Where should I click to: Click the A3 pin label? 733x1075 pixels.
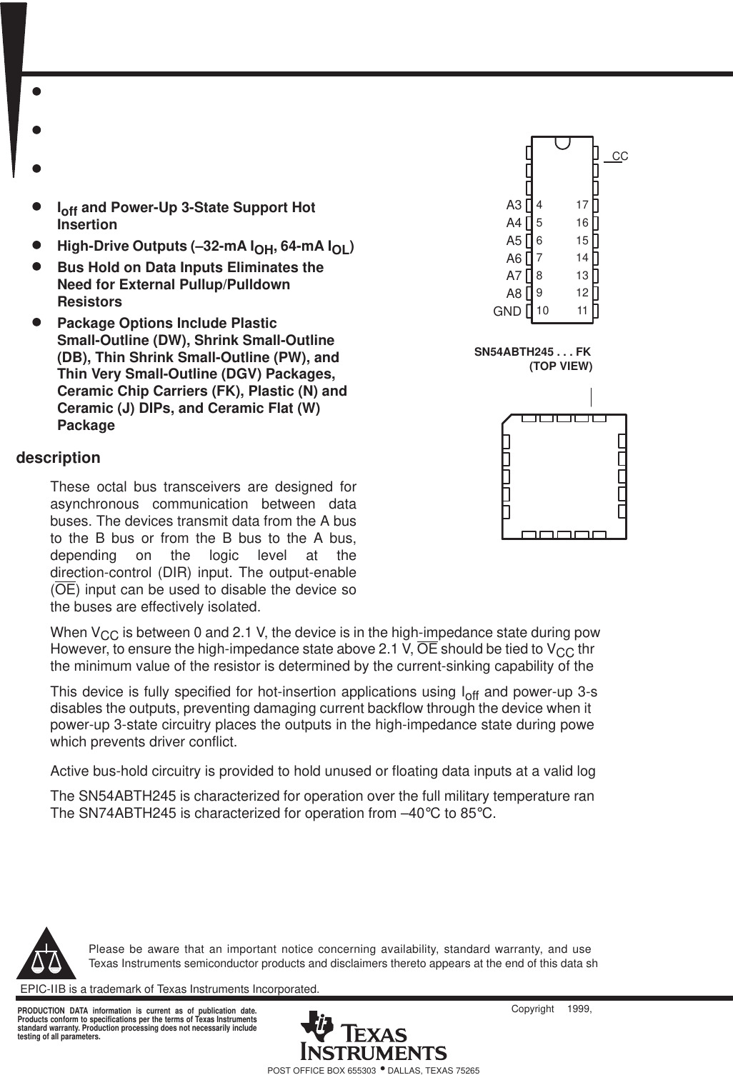pyautogui.click(x=514, y=206)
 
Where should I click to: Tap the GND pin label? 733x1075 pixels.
pyautogui.click(x=507, y=311)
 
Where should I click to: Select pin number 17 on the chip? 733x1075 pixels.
pyautogui.click(x=582, y=205)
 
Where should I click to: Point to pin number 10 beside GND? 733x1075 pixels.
pyautogui.click(x=542, y=311)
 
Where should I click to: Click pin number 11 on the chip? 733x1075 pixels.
pyautogui.click(x=582, y=311)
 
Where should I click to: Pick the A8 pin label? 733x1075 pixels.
pyautogui.click(x=514, y=294)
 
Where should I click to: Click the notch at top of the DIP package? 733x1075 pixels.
pyautogui.click(x=562, y=143)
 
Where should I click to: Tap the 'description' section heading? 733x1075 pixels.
pyautogui.click(x=58, y=458)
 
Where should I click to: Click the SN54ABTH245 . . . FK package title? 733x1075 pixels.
pyautogui.click(x=532, y=351)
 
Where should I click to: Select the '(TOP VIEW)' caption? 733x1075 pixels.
pyautogui.click(x=560, y=366)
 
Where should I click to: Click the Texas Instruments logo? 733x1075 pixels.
pyautogui.click(x=374, y=1036)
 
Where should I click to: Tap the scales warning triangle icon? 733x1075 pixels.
pyautogui.click(x=46, y=956)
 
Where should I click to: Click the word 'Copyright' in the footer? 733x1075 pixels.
pyautogui.click(x=532, y=1009)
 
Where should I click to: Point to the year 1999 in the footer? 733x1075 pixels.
pyautogui.click(x=579, y=1009)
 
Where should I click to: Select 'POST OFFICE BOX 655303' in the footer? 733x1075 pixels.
pyautogui.click(x=321, y=1070)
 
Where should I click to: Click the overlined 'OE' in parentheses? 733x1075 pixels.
pyautogui.click(x=65, y=590)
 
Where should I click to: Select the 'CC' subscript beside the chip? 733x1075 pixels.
pyautogui.click(x=619, y=156)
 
